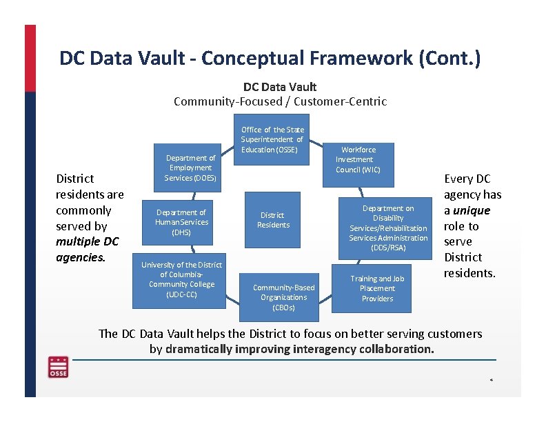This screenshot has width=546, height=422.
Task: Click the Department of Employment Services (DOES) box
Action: click(x=190, y=168)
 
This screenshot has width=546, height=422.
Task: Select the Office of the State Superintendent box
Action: click(x=272, y=140)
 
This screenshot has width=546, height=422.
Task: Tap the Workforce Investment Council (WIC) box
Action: click(x=358, y=160)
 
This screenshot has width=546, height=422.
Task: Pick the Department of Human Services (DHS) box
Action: click(x=181, y=222)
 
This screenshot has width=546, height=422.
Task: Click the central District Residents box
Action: click(x=274, y=220)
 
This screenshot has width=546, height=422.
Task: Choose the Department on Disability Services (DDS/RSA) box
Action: click(x=388, y=228)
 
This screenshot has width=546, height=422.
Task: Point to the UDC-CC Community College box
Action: click(x=182, y=279)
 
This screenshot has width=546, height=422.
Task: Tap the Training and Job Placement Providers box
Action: click(x=377, y=288)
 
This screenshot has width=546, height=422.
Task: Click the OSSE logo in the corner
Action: click(x=58, y=367)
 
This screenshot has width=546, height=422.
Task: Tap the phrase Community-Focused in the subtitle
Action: click(x=228, y=101)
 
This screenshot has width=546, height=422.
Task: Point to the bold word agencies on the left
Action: click(x=79, y=257)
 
